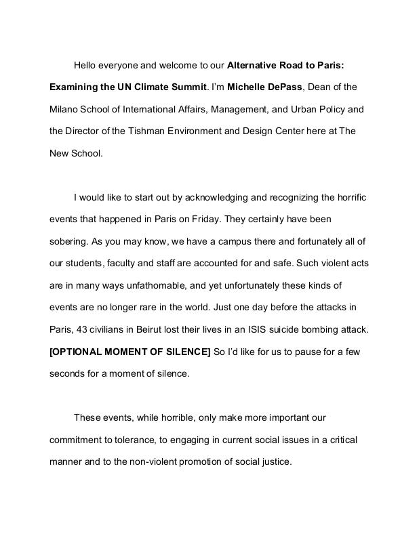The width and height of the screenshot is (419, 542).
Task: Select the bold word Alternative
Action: pos(254,66)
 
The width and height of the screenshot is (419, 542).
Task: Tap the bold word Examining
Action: pos(74,87)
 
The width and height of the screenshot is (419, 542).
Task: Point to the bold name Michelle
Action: pos(249,87)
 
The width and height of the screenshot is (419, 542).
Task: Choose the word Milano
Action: pos(64,109)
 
